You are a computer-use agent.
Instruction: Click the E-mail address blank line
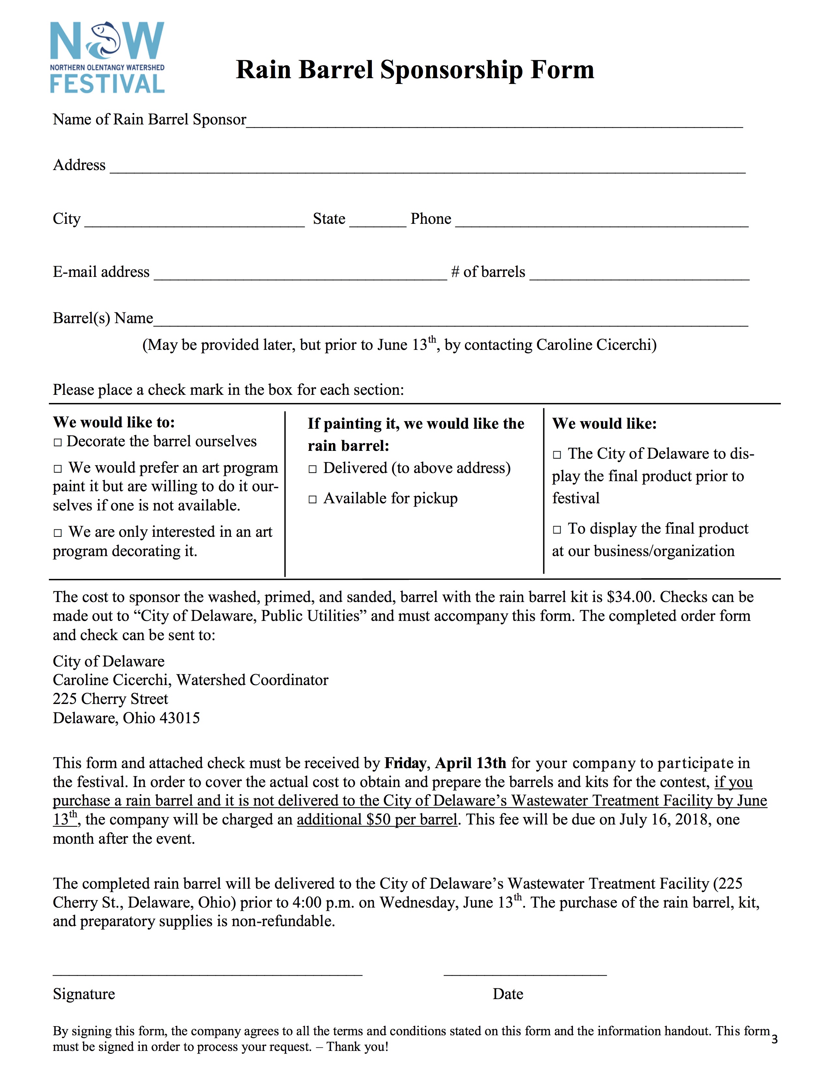click(300, 274)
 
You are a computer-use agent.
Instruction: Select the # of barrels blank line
click(639, 274)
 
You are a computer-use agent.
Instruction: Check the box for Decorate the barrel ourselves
click(58, 442)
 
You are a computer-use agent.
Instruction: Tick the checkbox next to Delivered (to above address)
click(313, 469)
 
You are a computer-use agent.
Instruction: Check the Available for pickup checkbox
click(313, 500)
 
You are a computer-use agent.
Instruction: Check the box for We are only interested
click(58, 533)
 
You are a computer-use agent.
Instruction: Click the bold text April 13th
click(470, 763)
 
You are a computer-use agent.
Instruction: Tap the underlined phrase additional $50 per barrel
click(377, 820)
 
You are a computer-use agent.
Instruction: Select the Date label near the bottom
click(507, 994)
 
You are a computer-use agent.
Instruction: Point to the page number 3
click(774, 1039)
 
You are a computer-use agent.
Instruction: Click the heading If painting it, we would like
click(416, 424)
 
